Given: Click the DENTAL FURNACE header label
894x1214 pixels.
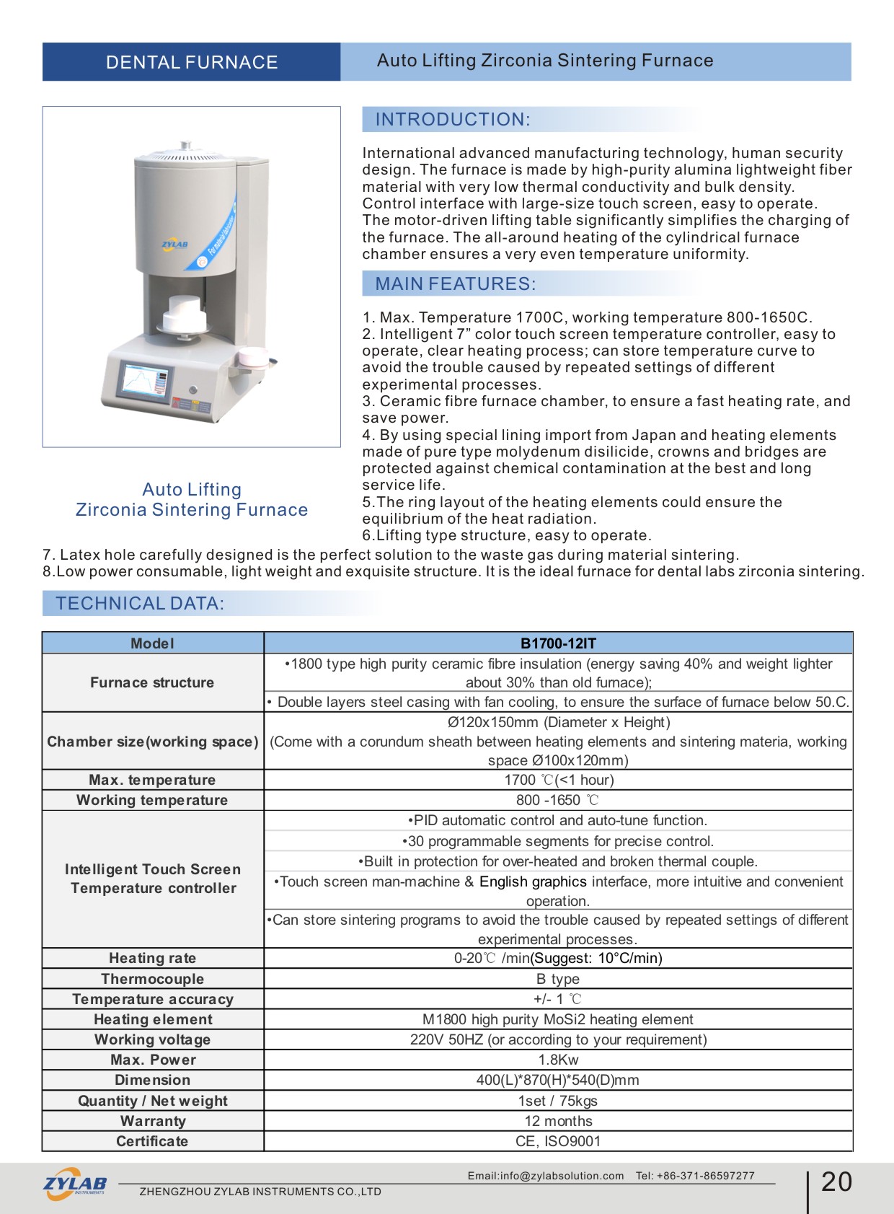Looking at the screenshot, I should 192,63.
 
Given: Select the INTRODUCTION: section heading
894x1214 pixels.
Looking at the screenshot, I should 453,120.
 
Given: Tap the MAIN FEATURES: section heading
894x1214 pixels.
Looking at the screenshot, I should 456,284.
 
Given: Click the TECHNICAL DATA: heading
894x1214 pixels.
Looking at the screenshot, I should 140,604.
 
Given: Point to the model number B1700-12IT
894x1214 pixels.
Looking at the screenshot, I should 558,643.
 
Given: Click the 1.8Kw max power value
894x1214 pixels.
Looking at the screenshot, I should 558,1060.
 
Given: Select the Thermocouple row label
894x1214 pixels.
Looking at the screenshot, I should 152,979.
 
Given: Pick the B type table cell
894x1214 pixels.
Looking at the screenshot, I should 558,979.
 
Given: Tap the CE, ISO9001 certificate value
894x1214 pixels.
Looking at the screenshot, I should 558,1141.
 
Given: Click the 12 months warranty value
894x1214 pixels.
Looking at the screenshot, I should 558,1121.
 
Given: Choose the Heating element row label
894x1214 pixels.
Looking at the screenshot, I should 153,1019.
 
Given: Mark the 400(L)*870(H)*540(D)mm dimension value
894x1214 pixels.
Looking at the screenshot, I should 558,1080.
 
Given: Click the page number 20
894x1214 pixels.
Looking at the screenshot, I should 836,1182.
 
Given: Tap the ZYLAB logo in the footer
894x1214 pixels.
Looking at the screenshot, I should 75,1184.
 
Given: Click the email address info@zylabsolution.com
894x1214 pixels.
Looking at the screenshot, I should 562,1176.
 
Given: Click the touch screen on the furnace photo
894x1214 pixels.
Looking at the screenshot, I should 146,383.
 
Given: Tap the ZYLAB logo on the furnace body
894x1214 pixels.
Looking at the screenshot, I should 174,245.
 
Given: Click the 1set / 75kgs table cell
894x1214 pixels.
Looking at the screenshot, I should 558,1101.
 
